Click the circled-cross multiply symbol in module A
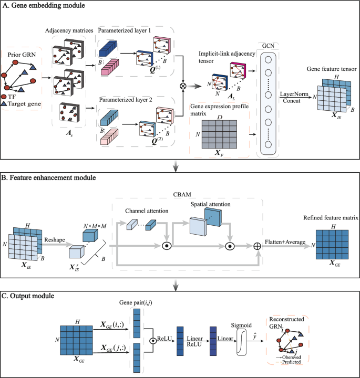pos(183,85)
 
